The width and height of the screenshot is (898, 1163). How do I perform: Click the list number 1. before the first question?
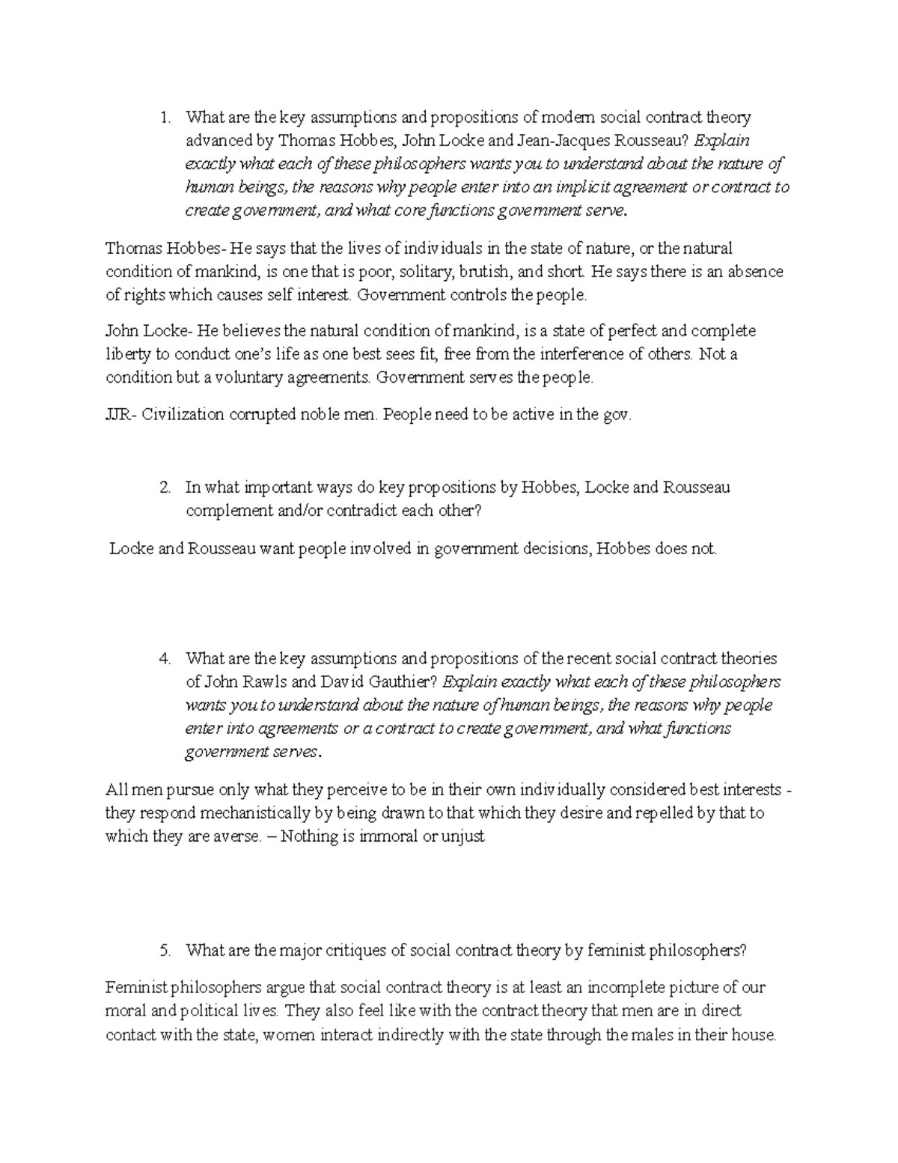[x=166, y=118]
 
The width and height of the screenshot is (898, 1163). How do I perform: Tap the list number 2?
[x=166, y=488]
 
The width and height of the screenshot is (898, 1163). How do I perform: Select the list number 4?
[x=166, y=659]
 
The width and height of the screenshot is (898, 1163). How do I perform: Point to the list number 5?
[x=166, y=951]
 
